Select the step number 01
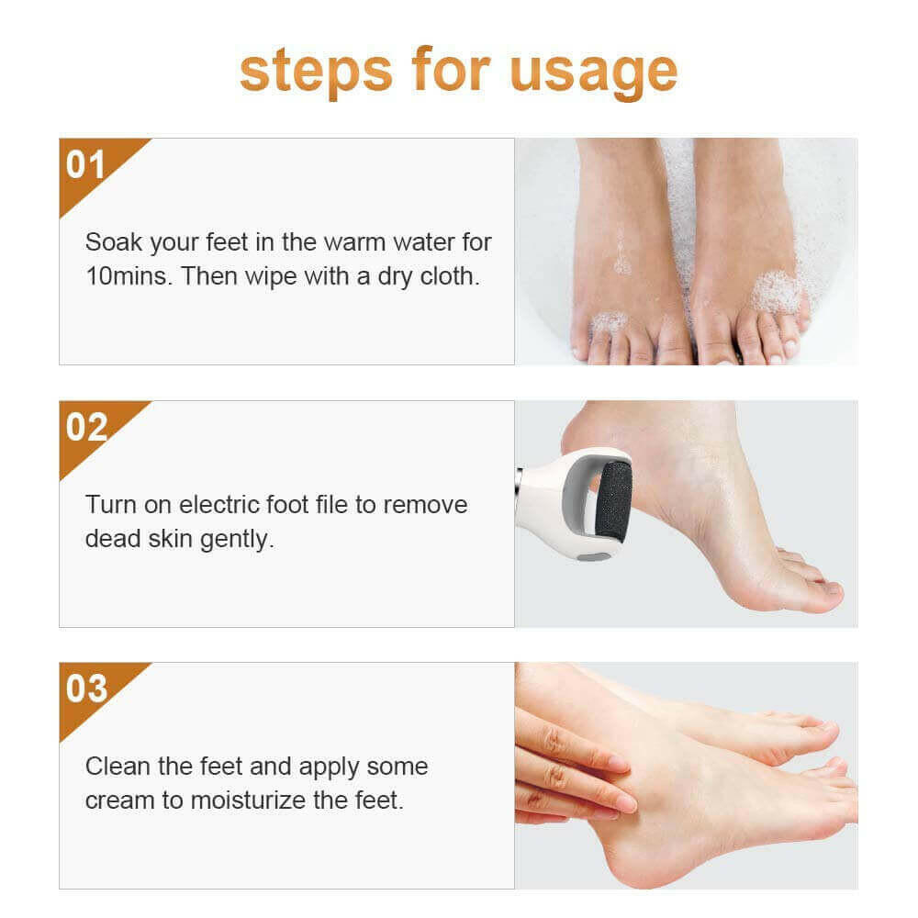point(86,165)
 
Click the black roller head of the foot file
point(613,500)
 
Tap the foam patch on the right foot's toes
point(776,292)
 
